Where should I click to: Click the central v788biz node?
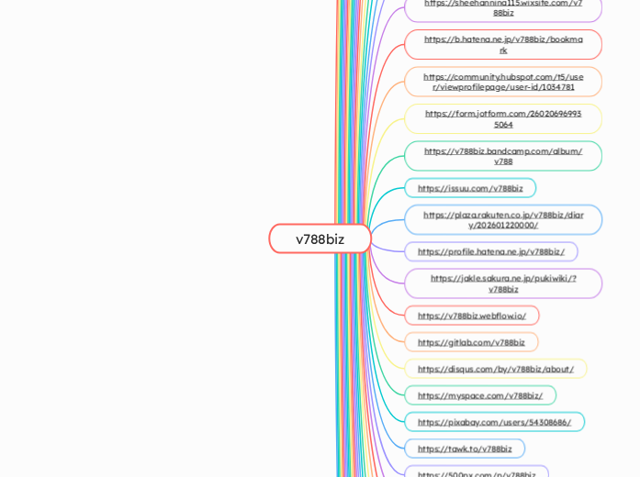coord(320,238)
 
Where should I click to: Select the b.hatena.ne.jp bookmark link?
coord(503,44)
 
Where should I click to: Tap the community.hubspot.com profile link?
coord(503,82)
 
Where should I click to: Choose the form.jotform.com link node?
coord(503,118)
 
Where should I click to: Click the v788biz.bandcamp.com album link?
coord(503,156)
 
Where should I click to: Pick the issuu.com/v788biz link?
coord(470,188)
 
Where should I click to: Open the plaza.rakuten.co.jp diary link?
coord(503,219)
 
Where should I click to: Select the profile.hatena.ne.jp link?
coord(491,251)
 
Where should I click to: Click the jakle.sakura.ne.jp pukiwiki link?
coord(503,283)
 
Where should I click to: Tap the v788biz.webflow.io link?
coord(472,316)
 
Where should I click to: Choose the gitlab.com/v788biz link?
coord(471,342)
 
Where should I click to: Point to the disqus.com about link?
coord(496,369)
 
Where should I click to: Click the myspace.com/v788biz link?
coord(480,395)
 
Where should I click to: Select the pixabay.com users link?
coord(494,422)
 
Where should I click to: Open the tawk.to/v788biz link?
coord(465,449)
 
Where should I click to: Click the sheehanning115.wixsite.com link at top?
coord(503,7)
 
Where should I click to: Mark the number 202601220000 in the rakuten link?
coord(507,225)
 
